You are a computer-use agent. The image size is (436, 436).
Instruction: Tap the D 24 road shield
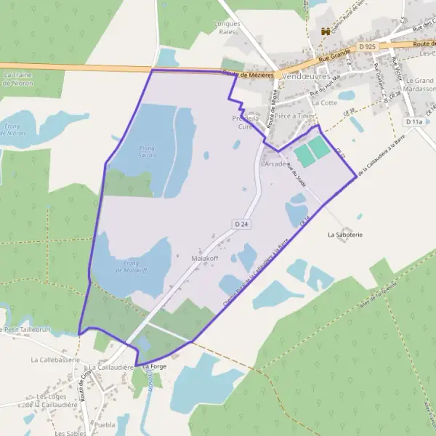[242, 224]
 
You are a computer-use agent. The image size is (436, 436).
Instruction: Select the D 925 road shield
[367, 47]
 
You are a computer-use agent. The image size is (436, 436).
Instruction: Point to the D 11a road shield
[414, 122]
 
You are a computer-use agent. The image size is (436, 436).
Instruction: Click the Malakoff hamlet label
[205, 259]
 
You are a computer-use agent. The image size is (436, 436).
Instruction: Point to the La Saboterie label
[345, 235]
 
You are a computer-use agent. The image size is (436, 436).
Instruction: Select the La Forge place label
[154, 367]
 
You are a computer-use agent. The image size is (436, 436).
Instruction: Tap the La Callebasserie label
[54, 359]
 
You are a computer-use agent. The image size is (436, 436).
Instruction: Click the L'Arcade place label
[274, 164]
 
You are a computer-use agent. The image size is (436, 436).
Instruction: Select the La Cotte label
[324, 102]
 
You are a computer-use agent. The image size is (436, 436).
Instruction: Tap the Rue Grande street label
[333, 53]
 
